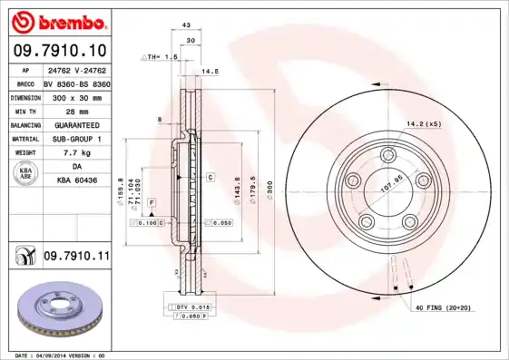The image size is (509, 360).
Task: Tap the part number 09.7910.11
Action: pyautogui.click(x=76, y=257)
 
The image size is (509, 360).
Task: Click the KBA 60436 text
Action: pyautogui.click(x=77, y=181)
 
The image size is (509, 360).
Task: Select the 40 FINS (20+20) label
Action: pyautogui.click(x=445, y=310)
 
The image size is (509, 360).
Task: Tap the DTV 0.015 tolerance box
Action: pyautogui.click(x=193, y=308)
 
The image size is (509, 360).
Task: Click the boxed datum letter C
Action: pyautogui.click(x=209, y=178)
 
